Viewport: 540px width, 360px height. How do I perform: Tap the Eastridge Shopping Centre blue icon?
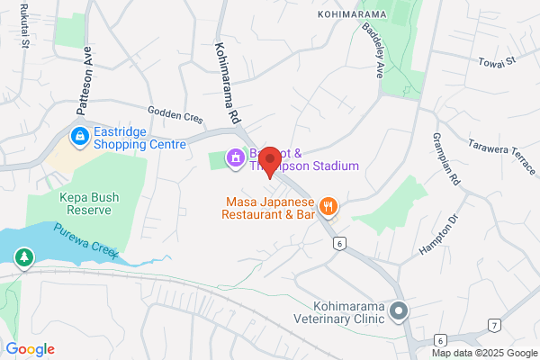click(x=80, y=136)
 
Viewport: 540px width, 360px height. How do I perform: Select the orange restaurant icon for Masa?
click(x=328, y=207)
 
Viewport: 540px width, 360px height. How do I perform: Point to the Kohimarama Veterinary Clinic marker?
click(x=401, y=311)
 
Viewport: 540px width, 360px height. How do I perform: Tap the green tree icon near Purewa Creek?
click(x=22, y=259)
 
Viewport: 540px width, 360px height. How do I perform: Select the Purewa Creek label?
click(x=85, y=240)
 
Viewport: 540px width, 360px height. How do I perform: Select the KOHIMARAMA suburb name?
click(x=350, y=14)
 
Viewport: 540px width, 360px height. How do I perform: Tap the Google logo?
click(x=30, y=349)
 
